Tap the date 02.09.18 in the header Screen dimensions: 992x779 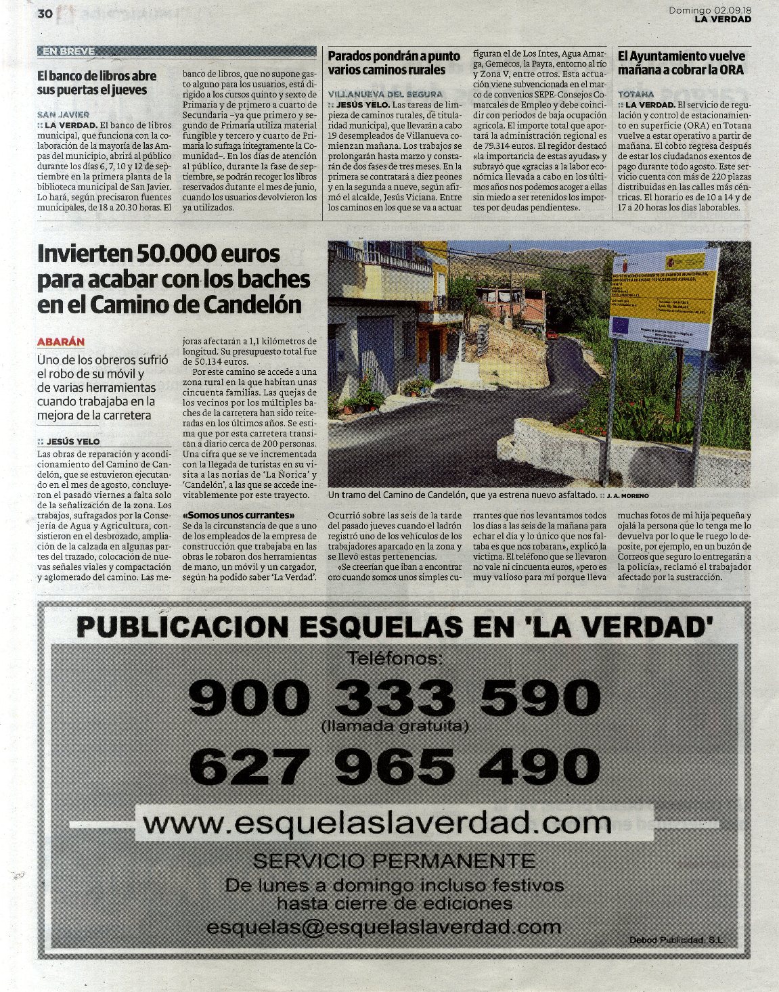[732, 10]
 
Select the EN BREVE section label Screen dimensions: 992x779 [68, 51]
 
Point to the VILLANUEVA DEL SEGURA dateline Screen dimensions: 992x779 [385, 94]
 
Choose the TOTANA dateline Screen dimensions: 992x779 [636, 94]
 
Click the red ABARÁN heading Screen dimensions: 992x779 [61, 342]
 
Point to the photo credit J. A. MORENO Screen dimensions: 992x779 [627, 497]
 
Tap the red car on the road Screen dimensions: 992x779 [553, 334]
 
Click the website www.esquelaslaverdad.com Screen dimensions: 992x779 [378, 824]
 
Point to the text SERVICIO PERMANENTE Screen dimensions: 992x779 [393, 861]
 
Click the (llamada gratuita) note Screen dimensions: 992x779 [395, 727]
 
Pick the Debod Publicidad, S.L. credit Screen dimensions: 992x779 [676, 941]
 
